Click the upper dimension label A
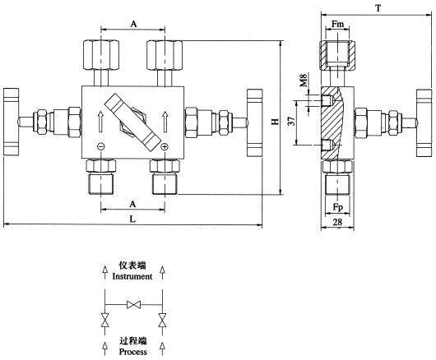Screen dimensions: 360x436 (132, 24)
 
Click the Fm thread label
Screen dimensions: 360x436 (338, 24)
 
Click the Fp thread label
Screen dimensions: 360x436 (338, 207)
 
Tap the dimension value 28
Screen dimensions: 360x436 (338, 223)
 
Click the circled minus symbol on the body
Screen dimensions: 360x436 (100, 147)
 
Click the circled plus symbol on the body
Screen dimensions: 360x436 (165, 147)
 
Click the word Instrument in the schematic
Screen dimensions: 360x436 (132, 277)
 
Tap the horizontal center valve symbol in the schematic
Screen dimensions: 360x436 (132, 305)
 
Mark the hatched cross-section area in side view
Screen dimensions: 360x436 (340, 119)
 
